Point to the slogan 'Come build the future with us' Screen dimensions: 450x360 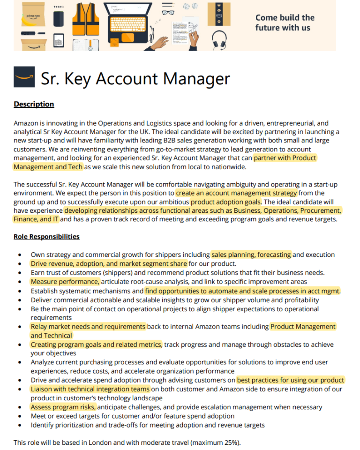pyautogui.click(x=285, y=22)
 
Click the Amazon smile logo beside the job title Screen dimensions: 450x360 pyautogui.click(x=24, y=77)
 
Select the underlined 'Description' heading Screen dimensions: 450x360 pyautogui.click(x=34, y=104)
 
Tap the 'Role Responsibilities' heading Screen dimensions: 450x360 pyautogui.click(x=46, y=237)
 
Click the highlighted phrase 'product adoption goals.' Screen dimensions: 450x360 pyautogui.click(x=226, y=202)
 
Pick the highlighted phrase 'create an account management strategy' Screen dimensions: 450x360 pyautogui.click(x=236, y=193)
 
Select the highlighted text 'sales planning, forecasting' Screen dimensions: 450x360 pyautogui.click(x=251, y=255)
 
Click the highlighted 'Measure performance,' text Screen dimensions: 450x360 pyautogui.click(x=65, y=282)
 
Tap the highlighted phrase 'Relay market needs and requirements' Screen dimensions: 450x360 pyautogui.click(x=88, y=326)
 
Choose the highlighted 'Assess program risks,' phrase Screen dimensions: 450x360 pyautogui.click(x=63, y=407)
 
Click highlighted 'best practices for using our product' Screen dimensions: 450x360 pyautogui.click(x=291, y=380)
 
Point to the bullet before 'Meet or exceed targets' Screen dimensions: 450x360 pyautogui.click(x=19, y=416)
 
